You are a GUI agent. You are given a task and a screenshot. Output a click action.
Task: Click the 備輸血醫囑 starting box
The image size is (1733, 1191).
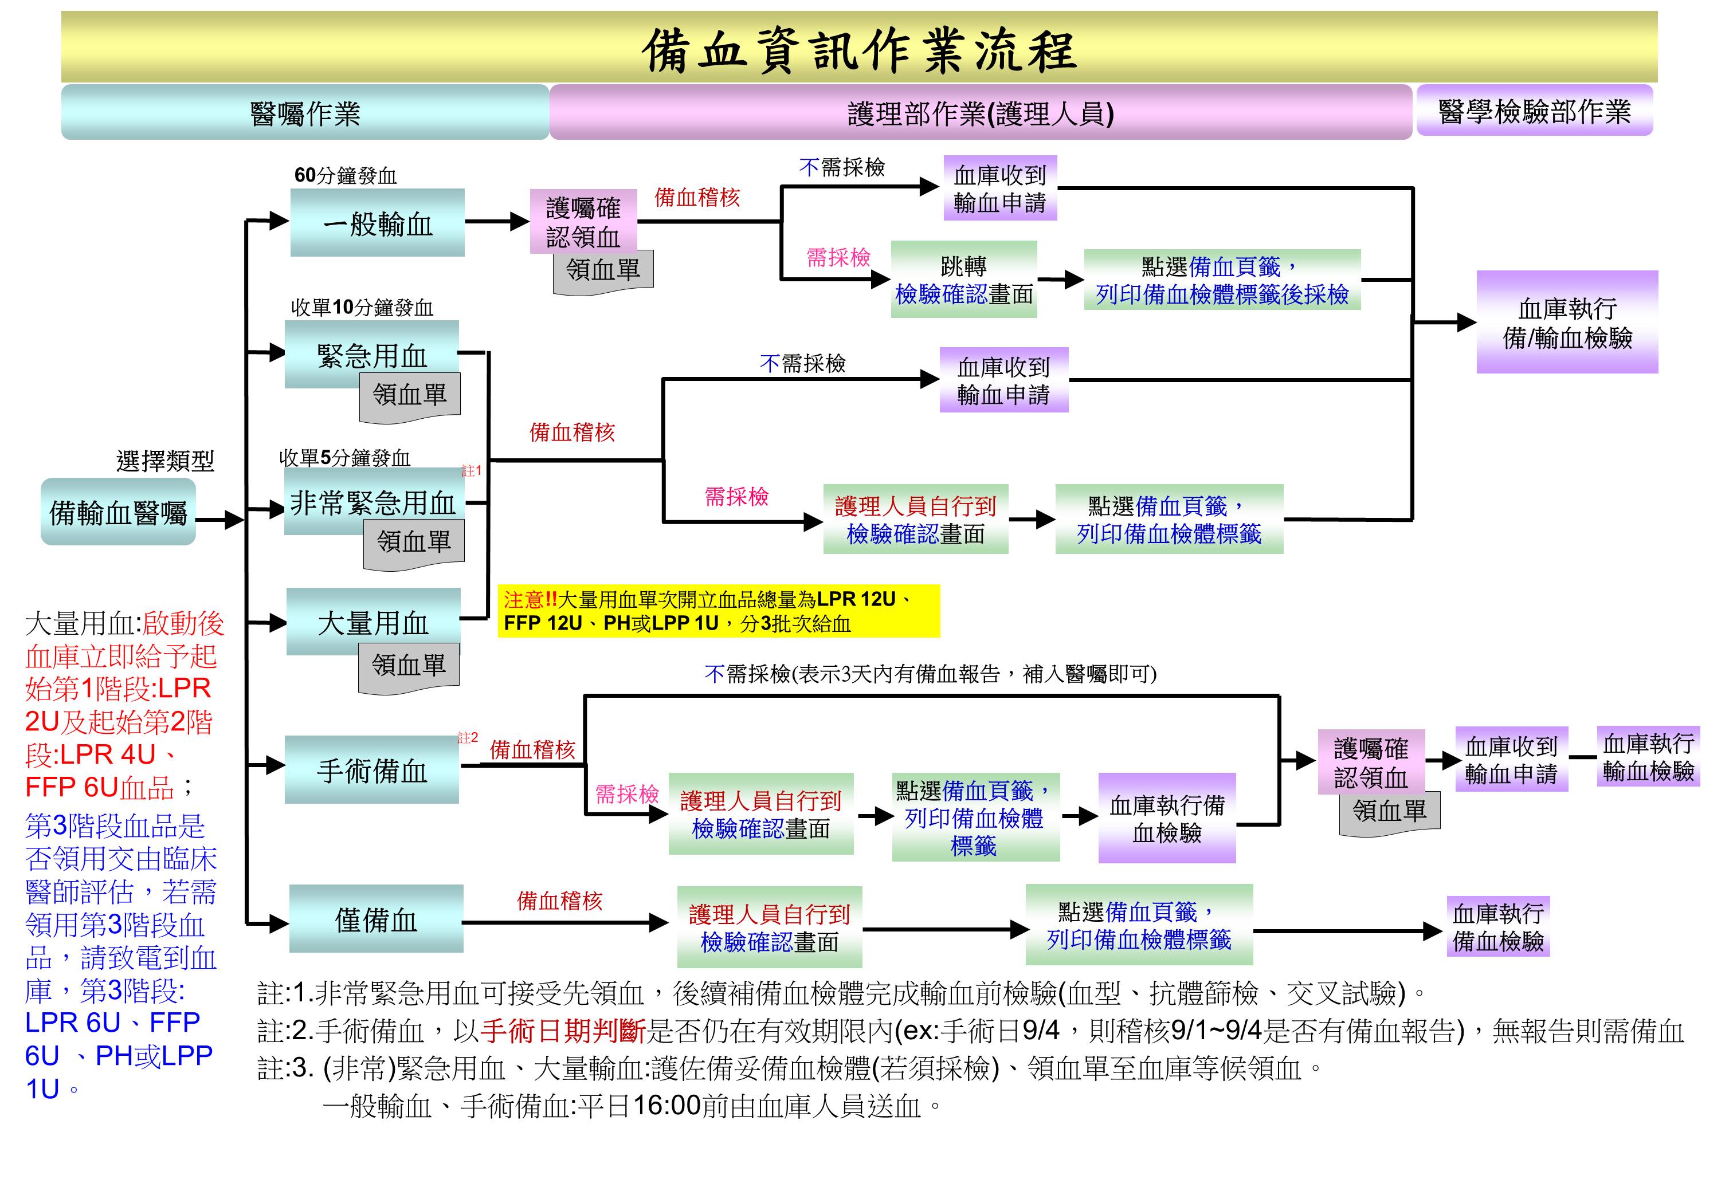pyautogui.click(x=118, y=512)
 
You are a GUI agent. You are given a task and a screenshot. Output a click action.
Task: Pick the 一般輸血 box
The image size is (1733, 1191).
pyautogui.click(x=377, y=222)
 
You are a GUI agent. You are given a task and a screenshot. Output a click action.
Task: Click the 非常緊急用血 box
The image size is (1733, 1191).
pyautogui.click(x=374, y=501)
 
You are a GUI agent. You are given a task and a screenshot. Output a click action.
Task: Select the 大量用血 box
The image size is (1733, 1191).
pyautogui.click(x=373, y=622)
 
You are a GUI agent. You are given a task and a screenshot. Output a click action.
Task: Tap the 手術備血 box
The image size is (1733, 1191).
pyautogui.click(x=372, y=769)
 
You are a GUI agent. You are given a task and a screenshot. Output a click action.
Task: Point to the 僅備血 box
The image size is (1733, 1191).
pyautogui.click(x=376, y=919)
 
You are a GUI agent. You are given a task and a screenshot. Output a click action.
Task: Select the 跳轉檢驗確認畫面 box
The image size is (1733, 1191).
pyautogui.click(x=963, y=279)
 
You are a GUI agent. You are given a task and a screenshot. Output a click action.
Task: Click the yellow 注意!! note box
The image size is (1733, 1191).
pyautogui.click(x=718, y=611)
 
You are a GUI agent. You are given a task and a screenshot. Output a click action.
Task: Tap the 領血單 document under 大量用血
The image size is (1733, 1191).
pyautogui.click(x=408, y=667)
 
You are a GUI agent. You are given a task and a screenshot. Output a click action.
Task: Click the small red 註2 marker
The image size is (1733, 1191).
pyautogui.click(x=468, y=737)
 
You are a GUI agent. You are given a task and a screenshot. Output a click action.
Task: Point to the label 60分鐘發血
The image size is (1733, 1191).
pyautogui.click(x=346, y=175)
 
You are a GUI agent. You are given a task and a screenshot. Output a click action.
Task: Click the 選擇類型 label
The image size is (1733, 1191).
pyautogui.click(x=165, y=461)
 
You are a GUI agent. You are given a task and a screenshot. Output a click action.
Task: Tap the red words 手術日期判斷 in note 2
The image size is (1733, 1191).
pyautogui.click(x=563, y=1031)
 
